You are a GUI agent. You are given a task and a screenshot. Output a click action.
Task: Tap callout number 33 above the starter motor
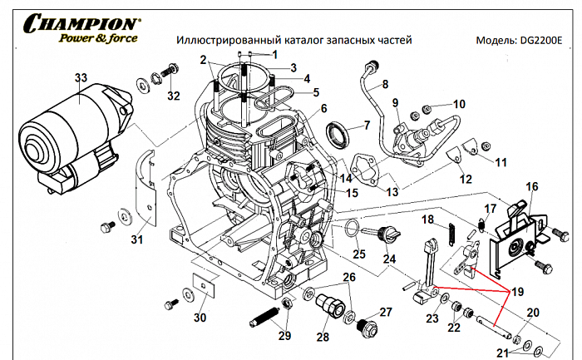[x=80, y=78]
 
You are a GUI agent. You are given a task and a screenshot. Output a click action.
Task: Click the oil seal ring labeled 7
[x=339, y=133]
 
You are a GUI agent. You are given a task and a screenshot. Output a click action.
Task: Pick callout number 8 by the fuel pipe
[x=385, y=84]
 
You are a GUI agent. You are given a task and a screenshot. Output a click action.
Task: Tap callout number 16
[x=533, y=188]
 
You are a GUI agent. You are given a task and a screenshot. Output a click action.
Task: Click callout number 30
[x=199, y=318]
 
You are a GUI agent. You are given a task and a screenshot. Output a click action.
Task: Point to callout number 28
[x=323, y=337]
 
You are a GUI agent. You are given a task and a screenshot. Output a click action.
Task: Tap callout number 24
[x=389, y=259]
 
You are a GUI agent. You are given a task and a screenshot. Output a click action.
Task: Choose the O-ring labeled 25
[x=353, y=227]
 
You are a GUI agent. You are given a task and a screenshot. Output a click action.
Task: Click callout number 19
[x=518, y=292]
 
